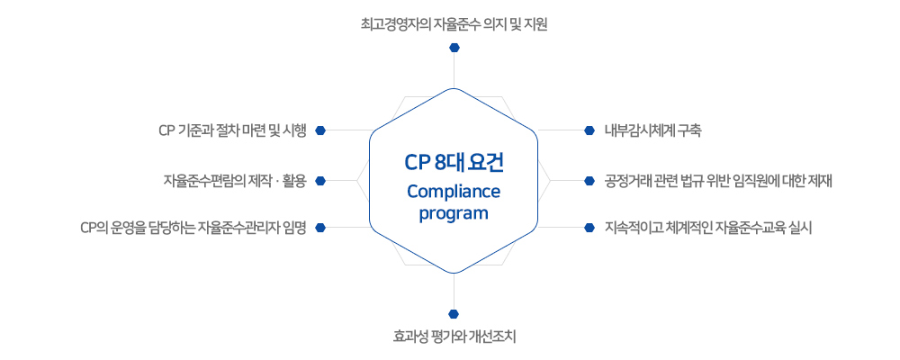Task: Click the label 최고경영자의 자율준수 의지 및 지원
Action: [x=454, y=24]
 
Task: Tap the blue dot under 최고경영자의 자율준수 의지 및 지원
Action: [x=454, y=47]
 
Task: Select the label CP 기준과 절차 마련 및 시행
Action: [x=233, y=130]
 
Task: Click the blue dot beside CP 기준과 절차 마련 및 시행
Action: [x=321, y=130]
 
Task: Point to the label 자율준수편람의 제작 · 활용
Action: [x=235, y=181]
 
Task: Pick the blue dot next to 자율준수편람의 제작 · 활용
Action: [x=321, y=181]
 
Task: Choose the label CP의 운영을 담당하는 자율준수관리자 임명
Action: [x=193, y=228]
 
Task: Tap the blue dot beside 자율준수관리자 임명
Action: [x=321, y=228]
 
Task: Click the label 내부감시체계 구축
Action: [x=652, y=130]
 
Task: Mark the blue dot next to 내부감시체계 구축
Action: [x=589, y=130]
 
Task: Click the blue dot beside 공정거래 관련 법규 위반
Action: [x=589, y=181]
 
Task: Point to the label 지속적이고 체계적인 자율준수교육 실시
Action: [x=708, y=228]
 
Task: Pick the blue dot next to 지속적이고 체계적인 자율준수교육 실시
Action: [x=589, y=228]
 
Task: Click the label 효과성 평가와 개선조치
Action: [x=454, y=337]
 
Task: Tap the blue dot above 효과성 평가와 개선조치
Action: [x=454, y=314]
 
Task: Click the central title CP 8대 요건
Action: [x=454, y=163]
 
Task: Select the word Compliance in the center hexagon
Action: [x=454, y=191]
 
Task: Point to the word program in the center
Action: [x=454, y=213]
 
